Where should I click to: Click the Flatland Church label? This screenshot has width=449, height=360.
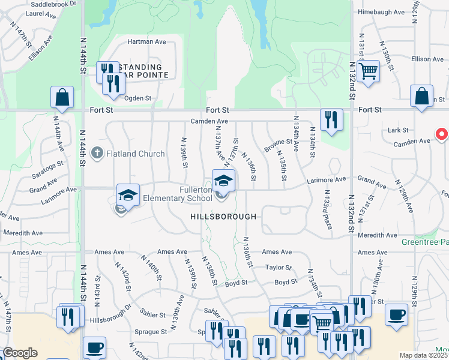135,154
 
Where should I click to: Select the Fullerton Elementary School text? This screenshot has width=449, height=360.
196,194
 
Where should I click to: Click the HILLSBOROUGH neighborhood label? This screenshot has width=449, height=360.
223,217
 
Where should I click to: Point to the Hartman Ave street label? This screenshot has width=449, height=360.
146,42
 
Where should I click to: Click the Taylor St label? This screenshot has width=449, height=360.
279,268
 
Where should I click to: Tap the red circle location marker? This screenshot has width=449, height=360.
442,134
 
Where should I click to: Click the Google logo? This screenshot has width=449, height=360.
20,353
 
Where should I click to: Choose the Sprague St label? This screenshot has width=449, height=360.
151,331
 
